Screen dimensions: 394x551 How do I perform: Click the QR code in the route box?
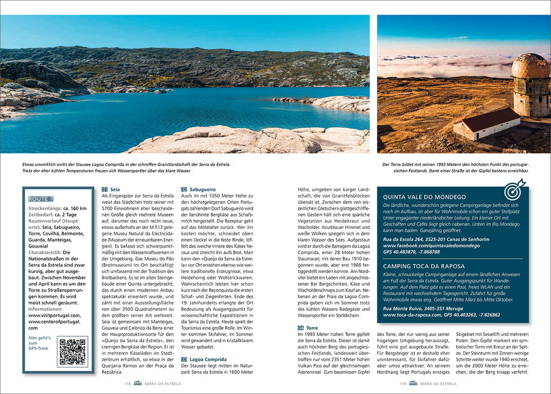click(72, 352)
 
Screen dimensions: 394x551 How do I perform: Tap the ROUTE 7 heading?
click(41, 199)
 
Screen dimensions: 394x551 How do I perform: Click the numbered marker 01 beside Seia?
click(105, 190)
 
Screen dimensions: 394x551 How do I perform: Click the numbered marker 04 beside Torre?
click(301, 328)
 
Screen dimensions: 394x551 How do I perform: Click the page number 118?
click(128, 384)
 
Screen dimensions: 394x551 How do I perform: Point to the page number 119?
click(403, 384)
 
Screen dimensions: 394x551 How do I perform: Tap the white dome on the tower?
click(528, 66)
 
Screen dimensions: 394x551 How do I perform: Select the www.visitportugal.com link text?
click(54, 315)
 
